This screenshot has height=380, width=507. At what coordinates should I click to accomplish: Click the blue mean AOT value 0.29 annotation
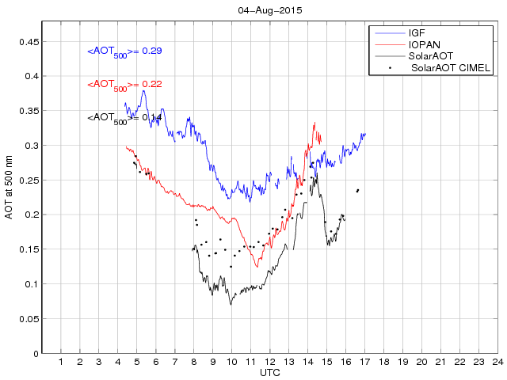[124, 51]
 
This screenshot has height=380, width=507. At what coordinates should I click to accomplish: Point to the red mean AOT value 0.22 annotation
[124, 85]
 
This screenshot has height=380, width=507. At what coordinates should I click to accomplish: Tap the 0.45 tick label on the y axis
[29, 42]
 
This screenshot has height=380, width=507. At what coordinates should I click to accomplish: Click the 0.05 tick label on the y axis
[29, 319]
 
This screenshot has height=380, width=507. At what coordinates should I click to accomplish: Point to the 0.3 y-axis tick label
[32, 146]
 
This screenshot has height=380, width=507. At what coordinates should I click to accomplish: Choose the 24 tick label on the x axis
[497, 362]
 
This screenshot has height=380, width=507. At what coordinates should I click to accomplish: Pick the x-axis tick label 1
[61, 362]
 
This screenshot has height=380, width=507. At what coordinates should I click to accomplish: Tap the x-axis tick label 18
[383, 362]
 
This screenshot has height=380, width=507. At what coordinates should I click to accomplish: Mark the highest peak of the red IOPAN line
[315, 123]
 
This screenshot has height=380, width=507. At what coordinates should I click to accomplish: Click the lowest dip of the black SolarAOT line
[231, 304]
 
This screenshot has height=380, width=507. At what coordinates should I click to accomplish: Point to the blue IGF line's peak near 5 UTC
[143, 90]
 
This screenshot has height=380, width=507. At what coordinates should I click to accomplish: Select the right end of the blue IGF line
[365, 134]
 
